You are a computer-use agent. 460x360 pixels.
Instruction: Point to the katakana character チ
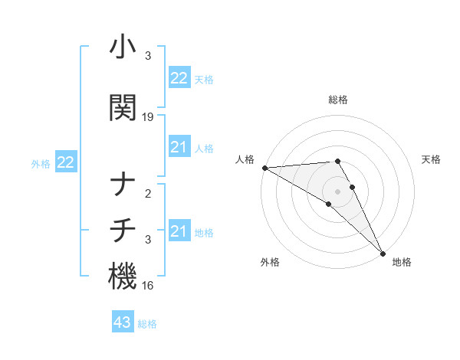122,231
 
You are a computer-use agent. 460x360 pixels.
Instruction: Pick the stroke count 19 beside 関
148,117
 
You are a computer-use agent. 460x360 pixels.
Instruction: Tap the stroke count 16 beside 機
148,286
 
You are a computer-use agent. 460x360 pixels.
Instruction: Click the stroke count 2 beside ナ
148,194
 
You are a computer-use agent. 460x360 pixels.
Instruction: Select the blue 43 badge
123,323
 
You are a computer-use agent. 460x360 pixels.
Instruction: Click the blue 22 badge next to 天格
179,78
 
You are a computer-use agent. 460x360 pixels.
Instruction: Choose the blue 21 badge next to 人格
179,148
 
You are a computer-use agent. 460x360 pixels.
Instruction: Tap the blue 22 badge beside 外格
65,162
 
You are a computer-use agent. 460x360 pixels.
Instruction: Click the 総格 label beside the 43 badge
147,324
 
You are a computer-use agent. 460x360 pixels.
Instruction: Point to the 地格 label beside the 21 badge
204,233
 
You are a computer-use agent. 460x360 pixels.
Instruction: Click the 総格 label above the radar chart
338,100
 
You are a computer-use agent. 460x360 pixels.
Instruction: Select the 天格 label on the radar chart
431,159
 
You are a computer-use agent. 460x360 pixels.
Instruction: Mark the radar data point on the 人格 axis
264,168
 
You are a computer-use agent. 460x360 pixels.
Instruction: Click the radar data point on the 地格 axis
383,253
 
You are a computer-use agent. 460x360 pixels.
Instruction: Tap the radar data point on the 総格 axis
337,161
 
